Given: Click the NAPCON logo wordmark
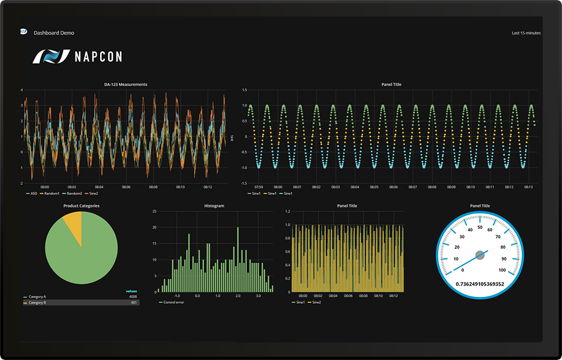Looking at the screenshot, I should (x=98, y=57).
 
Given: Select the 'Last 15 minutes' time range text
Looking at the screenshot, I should (x=526, y=33).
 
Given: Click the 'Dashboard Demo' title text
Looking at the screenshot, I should (x=54, y=33).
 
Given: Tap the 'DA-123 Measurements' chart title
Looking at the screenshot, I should (x=125, y=84).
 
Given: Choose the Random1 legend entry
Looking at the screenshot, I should (x=52, y=193).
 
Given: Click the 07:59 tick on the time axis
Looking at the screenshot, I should (x=259, y=187).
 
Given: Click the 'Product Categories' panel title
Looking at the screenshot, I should (x=81, y=205).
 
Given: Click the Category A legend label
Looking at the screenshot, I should (x=37, y=297).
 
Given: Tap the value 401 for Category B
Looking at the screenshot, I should (x=133, y=303).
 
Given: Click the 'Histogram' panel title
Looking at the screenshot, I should (x=214, y=205).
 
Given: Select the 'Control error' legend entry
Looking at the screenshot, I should (x=173, y=302).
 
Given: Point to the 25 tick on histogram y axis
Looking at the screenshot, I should (x=154, y=211).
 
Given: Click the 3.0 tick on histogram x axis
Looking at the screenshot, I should (x=258, y=296).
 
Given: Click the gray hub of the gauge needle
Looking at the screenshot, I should (x=480, y=255).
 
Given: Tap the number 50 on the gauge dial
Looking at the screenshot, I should (x=480, y=227).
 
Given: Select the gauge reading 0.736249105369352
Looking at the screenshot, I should (x=479, y=284).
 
